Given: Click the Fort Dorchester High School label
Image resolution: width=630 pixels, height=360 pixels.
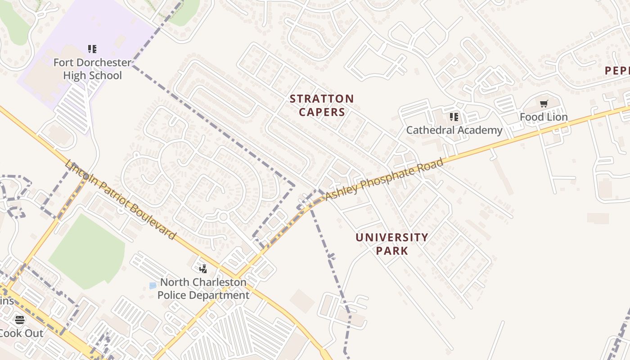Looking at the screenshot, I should [92, 69].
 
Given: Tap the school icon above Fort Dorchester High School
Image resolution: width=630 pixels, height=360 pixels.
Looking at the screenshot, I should [92, 49].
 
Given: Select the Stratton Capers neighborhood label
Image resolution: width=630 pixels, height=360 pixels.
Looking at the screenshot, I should [322, 105].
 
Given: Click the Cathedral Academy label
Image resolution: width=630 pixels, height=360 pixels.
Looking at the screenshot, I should [454, 130].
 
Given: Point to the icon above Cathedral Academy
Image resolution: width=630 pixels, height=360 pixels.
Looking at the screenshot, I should [454, 117].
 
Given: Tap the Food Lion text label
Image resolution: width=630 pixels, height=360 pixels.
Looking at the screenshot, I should [544, 117].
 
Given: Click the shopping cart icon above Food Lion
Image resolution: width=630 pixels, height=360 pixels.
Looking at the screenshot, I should [544, 104].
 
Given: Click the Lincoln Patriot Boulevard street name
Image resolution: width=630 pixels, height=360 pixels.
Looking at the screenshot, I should [120, 200].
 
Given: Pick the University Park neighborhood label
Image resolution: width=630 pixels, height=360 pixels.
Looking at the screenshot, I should [392, 244].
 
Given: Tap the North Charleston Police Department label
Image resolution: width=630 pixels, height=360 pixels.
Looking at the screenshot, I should [203, 288].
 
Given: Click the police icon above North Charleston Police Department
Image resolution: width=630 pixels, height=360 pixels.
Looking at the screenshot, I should [203, 269].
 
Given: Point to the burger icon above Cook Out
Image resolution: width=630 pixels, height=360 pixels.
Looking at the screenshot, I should [20, 320].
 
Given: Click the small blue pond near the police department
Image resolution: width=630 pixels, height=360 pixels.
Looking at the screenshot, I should [153, 285].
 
